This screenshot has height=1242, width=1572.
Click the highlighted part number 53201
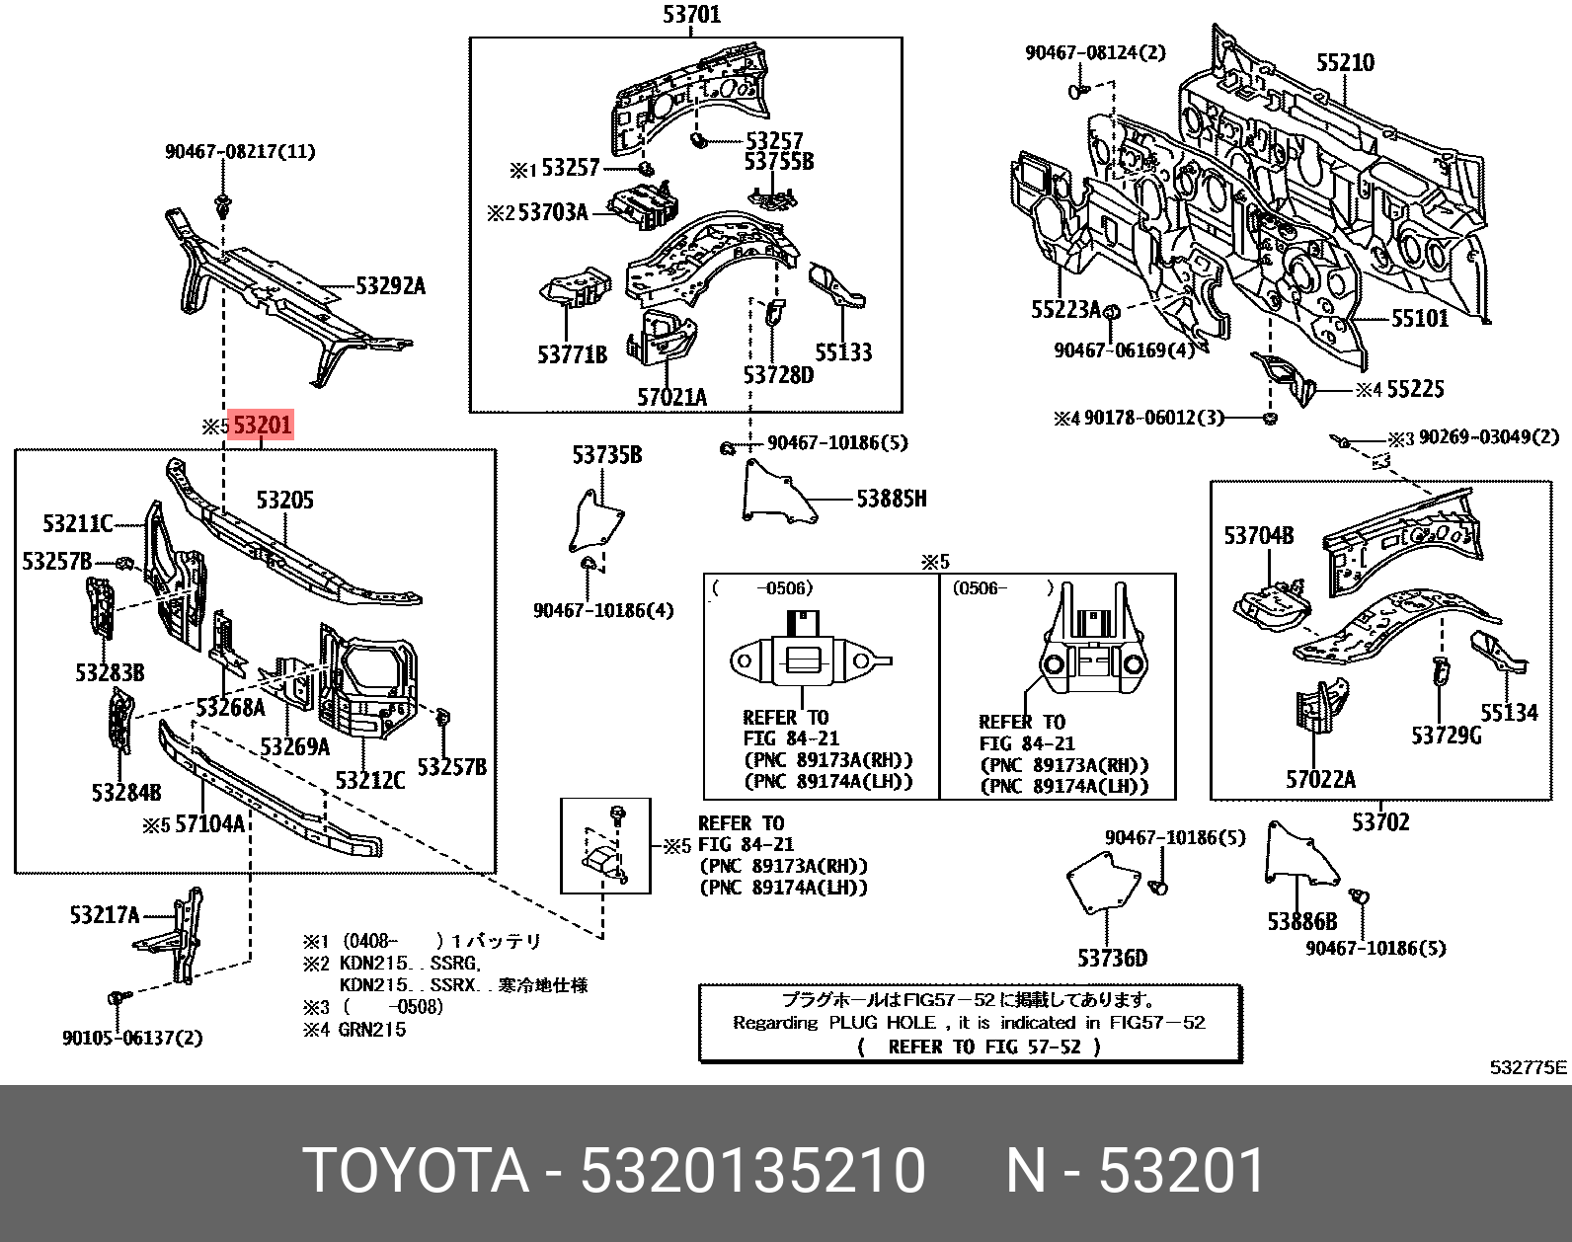click(x=262, y=427)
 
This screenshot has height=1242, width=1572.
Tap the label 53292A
click(x=390, y=287)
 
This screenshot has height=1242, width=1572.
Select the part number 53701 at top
click(x=690, y=15)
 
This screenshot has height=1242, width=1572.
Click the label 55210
click(x=1345, y=63)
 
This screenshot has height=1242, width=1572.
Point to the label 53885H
click(x=891, y=499)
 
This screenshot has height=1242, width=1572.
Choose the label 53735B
click(x=607, y=455)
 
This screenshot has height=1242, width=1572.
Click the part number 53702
click(x=1380, y=821)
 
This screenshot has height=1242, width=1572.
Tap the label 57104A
click(x=208, y=822)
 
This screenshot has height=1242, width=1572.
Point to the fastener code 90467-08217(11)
click(x=240, y=151)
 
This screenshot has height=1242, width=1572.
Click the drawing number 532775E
click(x=1529, y=1067)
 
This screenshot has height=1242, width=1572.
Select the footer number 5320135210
click(x=752, y=1172)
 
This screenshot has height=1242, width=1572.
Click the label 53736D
click(x=1112, y=958)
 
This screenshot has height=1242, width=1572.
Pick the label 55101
click(x=1419, y=319)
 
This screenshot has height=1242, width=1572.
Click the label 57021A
click(x=671, y=397)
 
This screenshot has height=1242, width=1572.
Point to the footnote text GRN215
click(x=370, y=1030)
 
